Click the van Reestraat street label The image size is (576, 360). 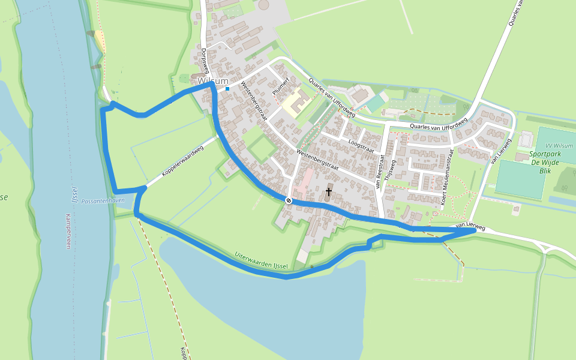click(380, 172)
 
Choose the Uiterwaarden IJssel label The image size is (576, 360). click(262, 261)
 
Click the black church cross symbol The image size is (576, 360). click(328, 193)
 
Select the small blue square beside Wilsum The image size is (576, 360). click(227, 89)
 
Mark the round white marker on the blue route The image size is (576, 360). click(289, 200)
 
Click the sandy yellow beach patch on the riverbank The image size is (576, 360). click(98, 42)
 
